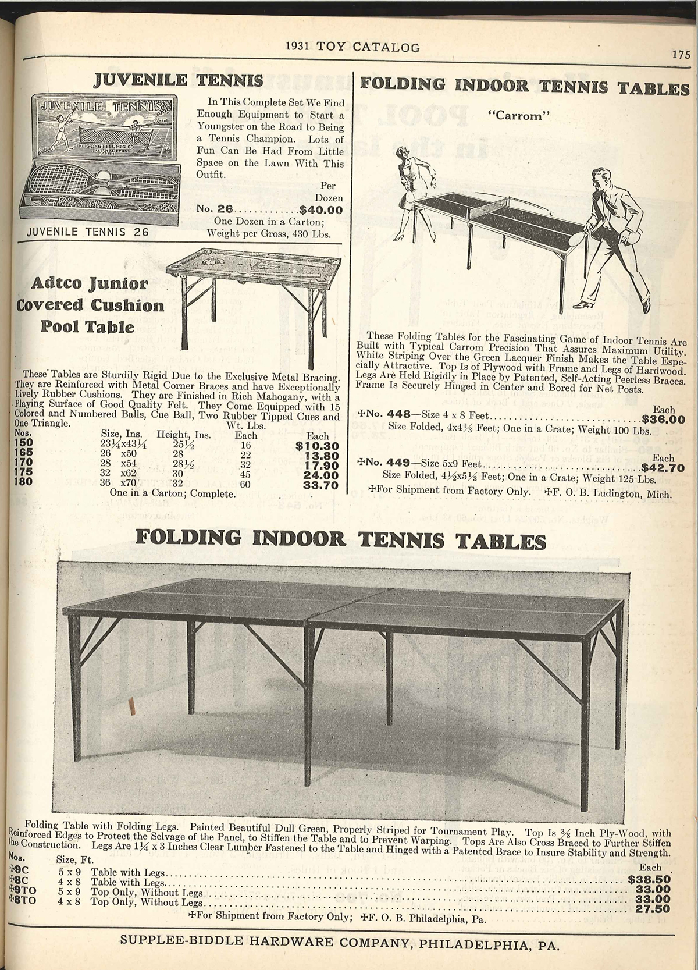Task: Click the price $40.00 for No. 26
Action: [321, 211]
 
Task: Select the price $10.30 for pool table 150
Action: [317, 446]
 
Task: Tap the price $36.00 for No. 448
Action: [663, 420]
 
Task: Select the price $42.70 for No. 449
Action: [663, 467]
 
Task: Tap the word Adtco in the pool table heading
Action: [54, 284]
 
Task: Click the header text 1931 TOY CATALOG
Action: [353, 48]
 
